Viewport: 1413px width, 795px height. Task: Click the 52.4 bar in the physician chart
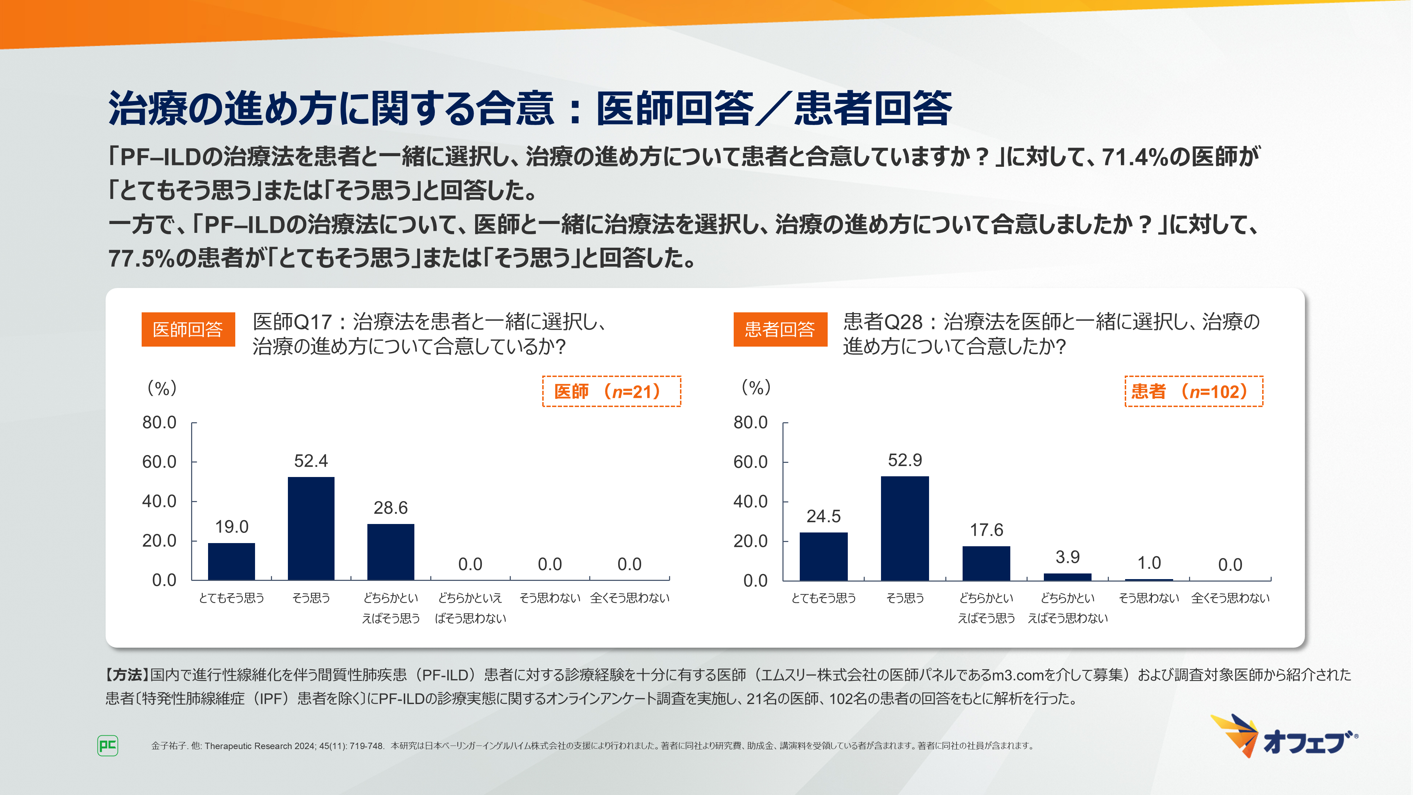click(311, 528)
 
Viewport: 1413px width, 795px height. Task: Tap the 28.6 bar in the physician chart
click(391, 552)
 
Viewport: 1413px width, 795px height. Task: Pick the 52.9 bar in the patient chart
click(905, 528)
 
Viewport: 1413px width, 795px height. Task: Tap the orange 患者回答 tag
click(780, 329)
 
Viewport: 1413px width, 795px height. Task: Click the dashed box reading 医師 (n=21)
click(611, 391)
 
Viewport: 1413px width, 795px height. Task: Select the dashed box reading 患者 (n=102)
click(1194, 391)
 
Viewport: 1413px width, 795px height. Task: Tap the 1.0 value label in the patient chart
click(1149, 563)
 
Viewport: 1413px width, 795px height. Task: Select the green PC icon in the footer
click(107, 745)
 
